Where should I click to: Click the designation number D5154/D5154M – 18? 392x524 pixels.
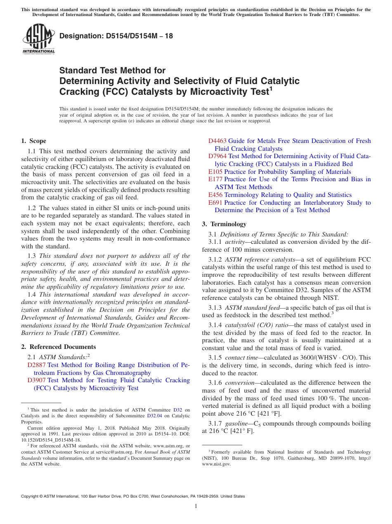pyautogui.click(x=116, y=36)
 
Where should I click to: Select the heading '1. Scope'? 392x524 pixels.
pyautogui.click(x=34, y=141)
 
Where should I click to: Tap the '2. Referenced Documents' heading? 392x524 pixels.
pyautogui.click(x=58, y=347)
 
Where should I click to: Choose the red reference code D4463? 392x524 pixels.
pyautogui.click(x=217, y=141)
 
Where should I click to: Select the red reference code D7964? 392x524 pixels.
pyautogui.click(x=217, y=156)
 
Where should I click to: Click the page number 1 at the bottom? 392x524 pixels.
pyautogui.click(x=196, y=506)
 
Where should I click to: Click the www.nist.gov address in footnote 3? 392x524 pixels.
pyautogui.click(x=216, y=463)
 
